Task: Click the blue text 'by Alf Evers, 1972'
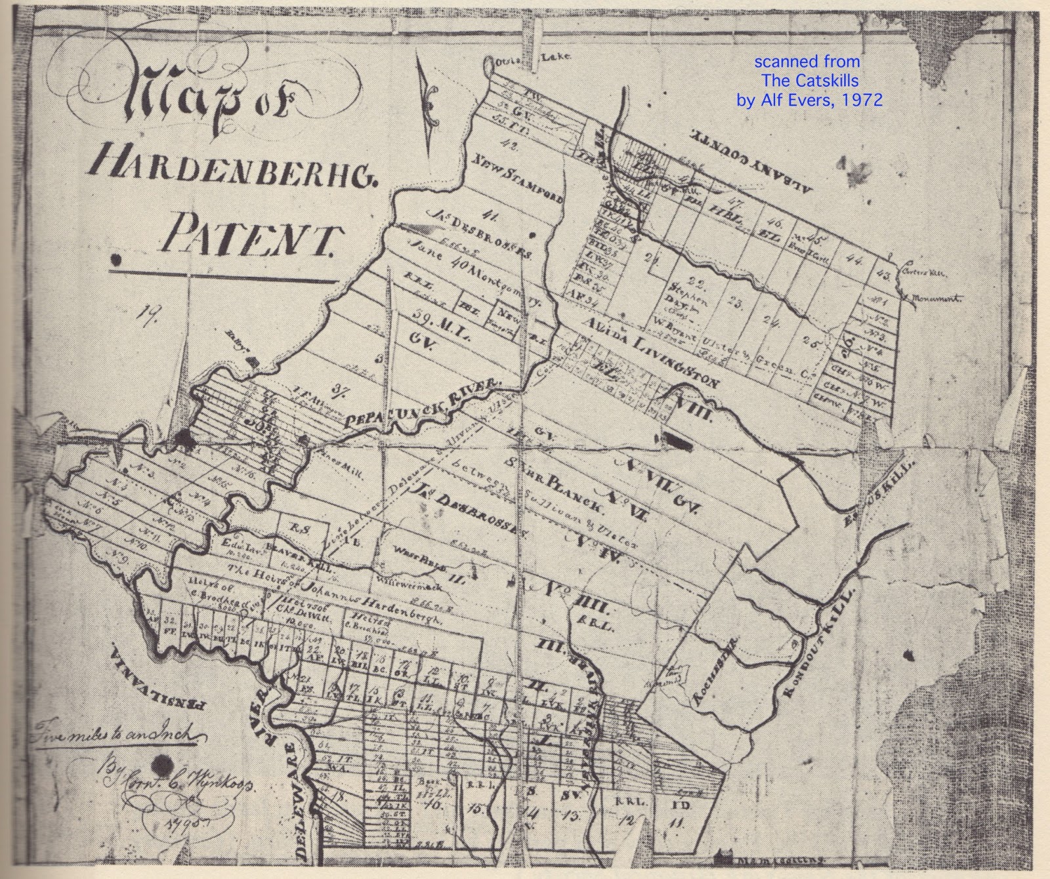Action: coord(808,100)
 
